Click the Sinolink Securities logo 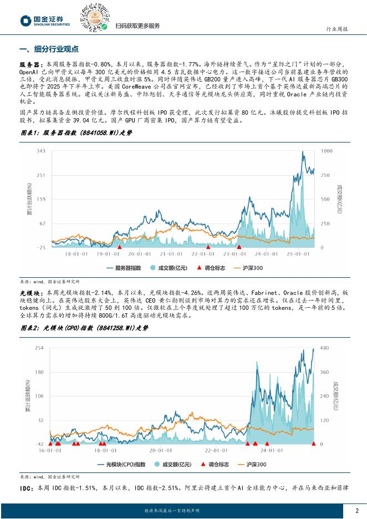45,21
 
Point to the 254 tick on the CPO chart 39,348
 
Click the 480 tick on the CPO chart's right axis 325,348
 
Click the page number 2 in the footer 356,511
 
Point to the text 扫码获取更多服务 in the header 137,26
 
